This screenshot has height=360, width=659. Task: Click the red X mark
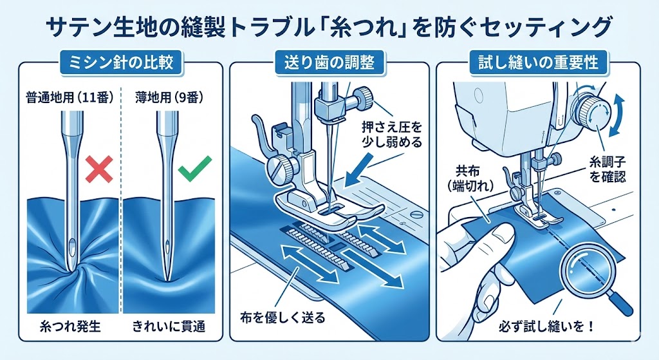(x=99, y=169)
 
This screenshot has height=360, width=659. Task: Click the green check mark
(x=194, y=169)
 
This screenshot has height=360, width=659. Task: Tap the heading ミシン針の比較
(x=120, y=63)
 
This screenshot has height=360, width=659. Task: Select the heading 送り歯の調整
(x=329, y=63)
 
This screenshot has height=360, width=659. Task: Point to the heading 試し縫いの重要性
(x=539, y=63)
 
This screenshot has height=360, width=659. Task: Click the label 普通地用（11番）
(x=70, y=98)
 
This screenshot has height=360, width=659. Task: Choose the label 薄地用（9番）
(x=169, y=98)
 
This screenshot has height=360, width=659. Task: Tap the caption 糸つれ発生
(x=70, y=327)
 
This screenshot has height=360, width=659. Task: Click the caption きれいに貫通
(x=169, y=327)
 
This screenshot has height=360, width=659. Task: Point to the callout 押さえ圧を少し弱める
(x=391, y=134)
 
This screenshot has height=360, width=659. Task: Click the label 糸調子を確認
(x=608, y=169)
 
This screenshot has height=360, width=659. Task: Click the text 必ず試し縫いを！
(x=546, y=327)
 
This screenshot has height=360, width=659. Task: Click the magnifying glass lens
(x=589, y=272)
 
